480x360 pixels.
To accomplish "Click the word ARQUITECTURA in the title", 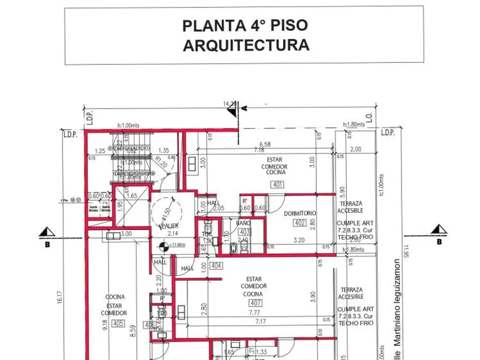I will (246, 45).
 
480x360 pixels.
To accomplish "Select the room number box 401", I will (277, 184).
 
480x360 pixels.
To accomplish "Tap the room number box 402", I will (300, 223).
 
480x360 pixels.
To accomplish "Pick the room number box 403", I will (245, 232).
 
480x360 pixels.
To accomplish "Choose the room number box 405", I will (119, 323).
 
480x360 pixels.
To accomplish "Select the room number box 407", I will (256, 303).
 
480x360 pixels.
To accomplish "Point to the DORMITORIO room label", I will (300, 213).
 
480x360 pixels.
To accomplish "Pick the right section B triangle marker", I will (439, 229).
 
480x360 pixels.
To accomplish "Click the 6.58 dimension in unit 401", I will (266, 144).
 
